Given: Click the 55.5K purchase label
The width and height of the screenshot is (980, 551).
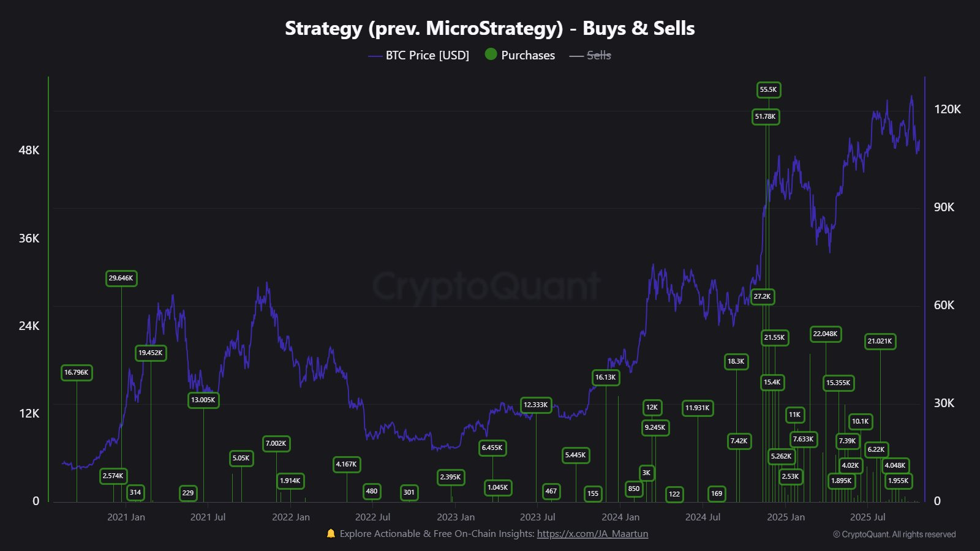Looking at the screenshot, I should (x=768, y=90).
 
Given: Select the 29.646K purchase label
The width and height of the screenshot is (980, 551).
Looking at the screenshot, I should (x=121, y=279).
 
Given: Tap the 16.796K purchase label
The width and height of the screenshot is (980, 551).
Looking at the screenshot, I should (x=77, y=372).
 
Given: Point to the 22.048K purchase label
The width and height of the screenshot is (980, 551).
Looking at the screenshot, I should (x=825, y=334).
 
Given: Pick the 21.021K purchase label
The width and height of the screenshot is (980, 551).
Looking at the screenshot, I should (x=880, y=342).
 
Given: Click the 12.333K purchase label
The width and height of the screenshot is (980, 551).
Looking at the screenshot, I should (x=535, y=405).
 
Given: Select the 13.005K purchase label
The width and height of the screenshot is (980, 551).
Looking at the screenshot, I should (x=203, y=400).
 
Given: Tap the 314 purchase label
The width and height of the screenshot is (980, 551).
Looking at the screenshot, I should (x=135, y=492).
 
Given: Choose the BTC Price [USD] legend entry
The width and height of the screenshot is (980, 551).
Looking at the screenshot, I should (x=419, y=56).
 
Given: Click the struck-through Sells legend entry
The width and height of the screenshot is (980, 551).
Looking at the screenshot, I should (x=591, y=56).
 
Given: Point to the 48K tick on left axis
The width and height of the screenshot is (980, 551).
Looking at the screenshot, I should (x=29, y=151).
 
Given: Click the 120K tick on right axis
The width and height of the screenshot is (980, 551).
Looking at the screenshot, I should (x=947, y=110).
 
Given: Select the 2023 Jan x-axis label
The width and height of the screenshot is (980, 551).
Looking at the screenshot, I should (x=456, y=517).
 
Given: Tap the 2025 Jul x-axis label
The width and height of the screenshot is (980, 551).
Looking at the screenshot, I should (x=868, y=517).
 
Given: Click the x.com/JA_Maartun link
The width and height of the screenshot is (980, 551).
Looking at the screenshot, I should (x=592, y=534).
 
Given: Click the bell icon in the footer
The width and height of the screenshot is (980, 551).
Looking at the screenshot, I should (x=331, y=534).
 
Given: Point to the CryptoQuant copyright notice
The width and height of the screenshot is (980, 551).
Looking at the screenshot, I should (x=894, y=534).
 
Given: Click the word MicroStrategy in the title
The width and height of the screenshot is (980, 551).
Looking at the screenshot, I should (x=494, y=29).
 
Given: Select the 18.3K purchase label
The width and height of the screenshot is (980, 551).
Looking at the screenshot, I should (x=736, y=362).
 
